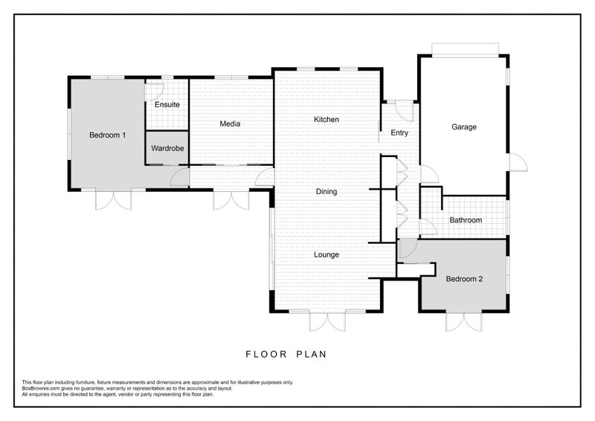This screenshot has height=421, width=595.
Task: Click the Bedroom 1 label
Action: point(107,135)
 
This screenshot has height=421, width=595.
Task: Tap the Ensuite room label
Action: point(167,104)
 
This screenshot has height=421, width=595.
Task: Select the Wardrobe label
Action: point(167,149)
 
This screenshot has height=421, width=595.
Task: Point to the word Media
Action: point(230,123)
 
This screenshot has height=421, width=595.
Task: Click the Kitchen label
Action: point(327,120)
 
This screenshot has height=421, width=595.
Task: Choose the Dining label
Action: point(327,192)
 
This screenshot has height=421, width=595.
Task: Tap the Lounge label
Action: point(327,254)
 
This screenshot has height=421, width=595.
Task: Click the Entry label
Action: point(399,133)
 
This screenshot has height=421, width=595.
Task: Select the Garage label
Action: point(464,127)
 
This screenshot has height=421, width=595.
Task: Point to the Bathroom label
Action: point(466,220)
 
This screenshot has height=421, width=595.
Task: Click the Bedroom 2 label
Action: point(464,279)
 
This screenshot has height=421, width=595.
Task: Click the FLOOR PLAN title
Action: point(286,354)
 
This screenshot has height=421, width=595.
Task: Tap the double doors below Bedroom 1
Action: point(113,199)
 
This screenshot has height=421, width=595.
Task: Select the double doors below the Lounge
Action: point(327,321)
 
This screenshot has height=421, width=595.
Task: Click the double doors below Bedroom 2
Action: point(463,321)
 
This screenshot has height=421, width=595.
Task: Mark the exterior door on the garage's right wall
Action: point(518,162)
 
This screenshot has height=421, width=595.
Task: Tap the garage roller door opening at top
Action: point(466,51)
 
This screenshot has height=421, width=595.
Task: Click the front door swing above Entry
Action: point(405,111)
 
